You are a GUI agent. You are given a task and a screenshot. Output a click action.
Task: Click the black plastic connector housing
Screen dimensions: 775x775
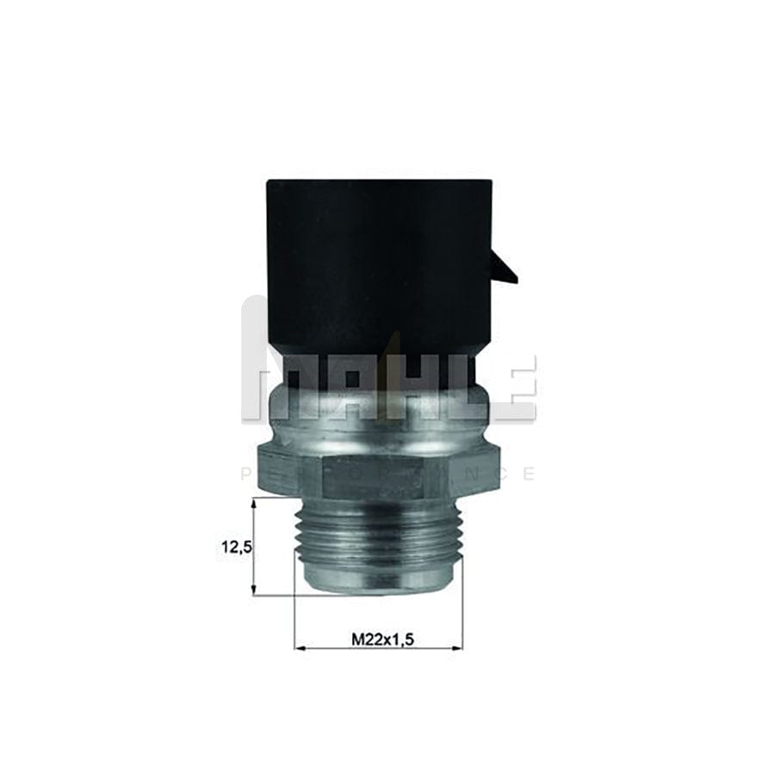[379, 258]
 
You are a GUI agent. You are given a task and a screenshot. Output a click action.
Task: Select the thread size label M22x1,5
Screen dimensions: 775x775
[378, 640]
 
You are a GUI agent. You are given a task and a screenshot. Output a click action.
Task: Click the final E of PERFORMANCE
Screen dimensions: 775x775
[529, 474]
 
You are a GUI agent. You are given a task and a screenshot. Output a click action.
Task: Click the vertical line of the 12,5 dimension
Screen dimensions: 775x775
[254, 546]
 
